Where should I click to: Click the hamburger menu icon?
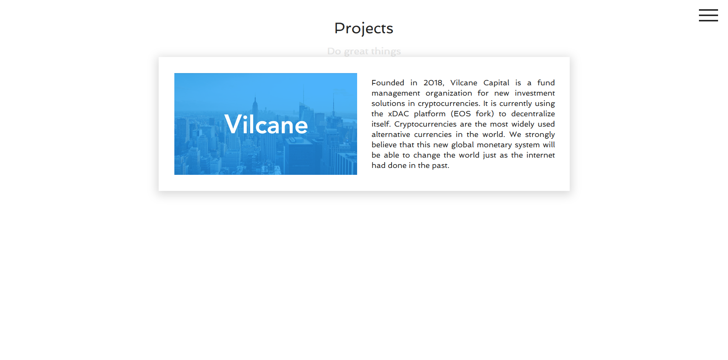[708, 15]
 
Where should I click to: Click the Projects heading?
[364, 28]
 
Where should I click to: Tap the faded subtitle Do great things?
[364, 51]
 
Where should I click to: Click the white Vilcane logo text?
[266, 124]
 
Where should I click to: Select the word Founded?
[388, 83]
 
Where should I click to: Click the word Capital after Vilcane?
[496, 83]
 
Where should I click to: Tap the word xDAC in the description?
[398, 114]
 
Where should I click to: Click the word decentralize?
[533, 114]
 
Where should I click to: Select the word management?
[396, 93]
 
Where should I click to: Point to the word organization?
[449, 93]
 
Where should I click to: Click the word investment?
[535, 93]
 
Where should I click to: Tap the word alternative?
[391, 134]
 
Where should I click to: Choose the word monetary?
[494, 145]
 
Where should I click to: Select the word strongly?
[540, 135]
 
